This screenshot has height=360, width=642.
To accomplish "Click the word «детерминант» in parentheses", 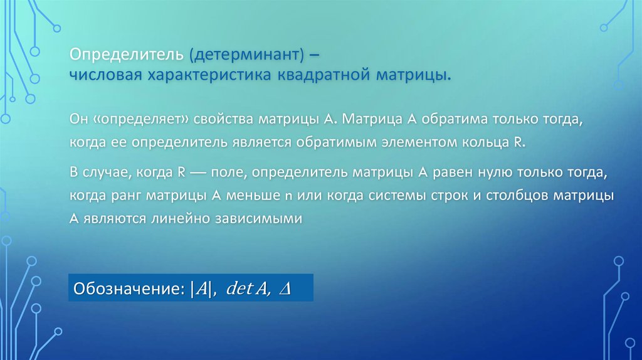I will point(248,55).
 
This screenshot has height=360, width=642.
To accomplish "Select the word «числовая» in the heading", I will point(104,75).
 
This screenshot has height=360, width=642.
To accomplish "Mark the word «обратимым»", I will point(344,142).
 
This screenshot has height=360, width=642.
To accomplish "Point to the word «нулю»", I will point(472,172).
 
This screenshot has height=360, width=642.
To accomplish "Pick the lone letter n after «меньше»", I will point(289,196).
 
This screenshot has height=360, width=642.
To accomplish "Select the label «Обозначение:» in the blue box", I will point(129,289).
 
